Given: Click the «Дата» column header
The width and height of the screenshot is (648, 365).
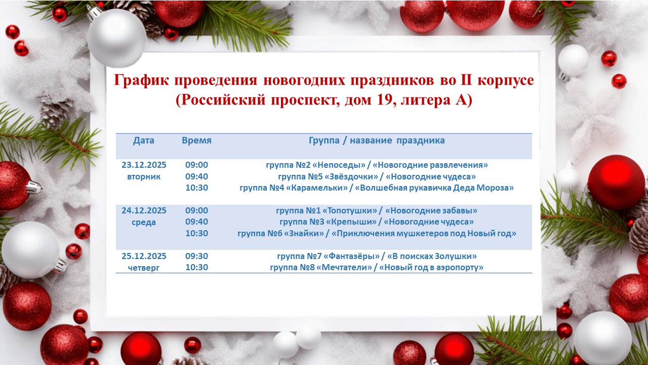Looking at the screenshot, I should [x=144, y=141].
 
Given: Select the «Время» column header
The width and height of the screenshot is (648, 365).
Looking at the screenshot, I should [x=196, y=141].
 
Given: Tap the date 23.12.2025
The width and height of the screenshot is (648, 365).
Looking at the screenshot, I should [x=144, y=165].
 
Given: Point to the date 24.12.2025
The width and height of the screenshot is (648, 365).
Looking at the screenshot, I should [x=144, y=210].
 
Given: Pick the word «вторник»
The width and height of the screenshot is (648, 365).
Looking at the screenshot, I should [x=144, y=177].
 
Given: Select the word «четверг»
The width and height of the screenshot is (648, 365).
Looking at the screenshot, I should [x=144, y=268].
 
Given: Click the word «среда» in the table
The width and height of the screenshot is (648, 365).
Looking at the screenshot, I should [x=144, y=222].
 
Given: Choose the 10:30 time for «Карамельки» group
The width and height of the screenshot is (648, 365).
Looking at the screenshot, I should [x=196, y=188].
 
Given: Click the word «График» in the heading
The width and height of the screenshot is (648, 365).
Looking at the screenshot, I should [x=139, y=81].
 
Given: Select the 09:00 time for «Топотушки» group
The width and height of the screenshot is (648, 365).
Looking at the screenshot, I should [x=196, y=210].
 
